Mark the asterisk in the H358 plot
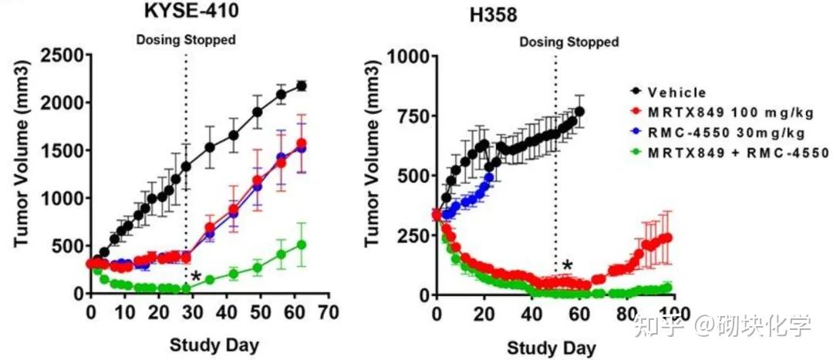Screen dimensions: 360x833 click(x=568, y=267)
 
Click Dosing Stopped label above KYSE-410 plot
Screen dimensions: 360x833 click(x=186, y=39)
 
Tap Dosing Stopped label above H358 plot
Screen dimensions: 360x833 click(x=569, y=42)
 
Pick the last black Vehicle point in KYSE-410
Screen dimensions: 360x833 click(x=302, y=86)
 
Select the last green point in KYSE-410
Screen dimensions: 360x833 click(x=302, y=245)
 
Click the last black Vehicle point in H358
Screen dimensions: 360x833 click(x=579, y=112)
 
